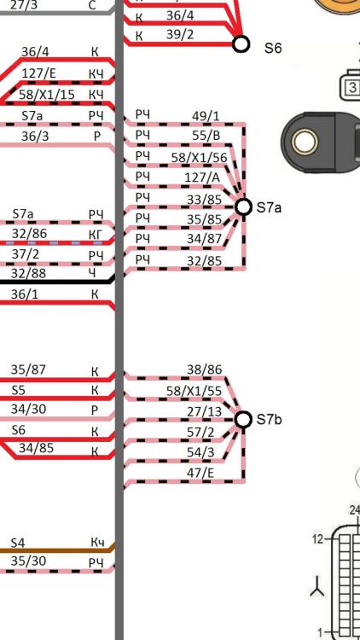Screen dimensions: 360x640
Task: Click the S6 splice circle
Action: point(241,44)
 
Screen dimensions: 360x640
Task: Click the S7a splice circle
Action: point(244,207)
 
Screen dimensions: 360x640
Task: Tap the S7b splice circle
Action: point(244,419)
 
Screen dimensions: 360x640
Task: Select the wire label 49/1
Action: point(206,116)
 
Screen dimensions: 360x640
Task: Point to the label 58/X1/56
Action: point(199,158)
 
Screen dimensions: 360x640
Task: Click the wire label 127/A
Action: point(202,177)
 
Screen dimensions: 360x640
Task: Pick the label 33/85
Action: point(204,199)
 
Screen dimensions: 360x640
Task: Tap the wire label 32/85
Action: point(204,261)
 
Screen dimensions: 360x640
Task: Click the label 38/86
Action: point(205,369)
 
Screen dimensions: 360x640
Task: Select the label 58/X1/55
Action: point(194,391)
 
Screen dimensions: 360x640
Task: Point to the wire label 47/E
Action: point(200,473)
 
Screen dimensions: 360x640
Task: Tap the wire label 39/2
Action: point(180,35)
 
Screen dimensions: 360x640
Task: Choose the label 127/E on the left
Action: point(38,73)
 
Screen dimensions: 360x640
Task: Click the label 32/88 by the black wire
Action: point(28,273)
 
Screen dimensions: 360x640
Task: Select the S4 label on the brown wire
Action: point(18,543)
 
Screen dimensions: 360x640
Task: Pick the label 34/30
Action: point(28,409)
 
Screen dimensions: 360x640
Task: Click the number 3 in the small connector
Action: point(353,87)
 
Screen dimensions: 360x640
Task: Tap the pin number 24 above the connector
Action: point(355,510)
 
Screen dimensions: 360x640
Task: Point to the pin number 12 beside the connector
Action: point(318,538)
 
